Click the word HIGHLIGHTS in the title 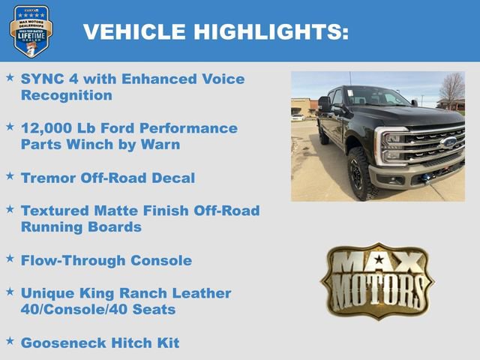(271, 31)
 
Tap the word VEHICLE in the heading (134, 31)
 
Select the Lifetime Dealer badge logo (31, 31)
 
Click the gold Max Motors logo (377, 280)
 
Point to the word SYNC (42, 78)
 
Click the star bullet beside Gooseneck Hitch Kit (10, 341)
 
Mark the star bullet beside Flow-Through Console (10, 259)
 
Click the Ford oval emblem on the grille (448, 142)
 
